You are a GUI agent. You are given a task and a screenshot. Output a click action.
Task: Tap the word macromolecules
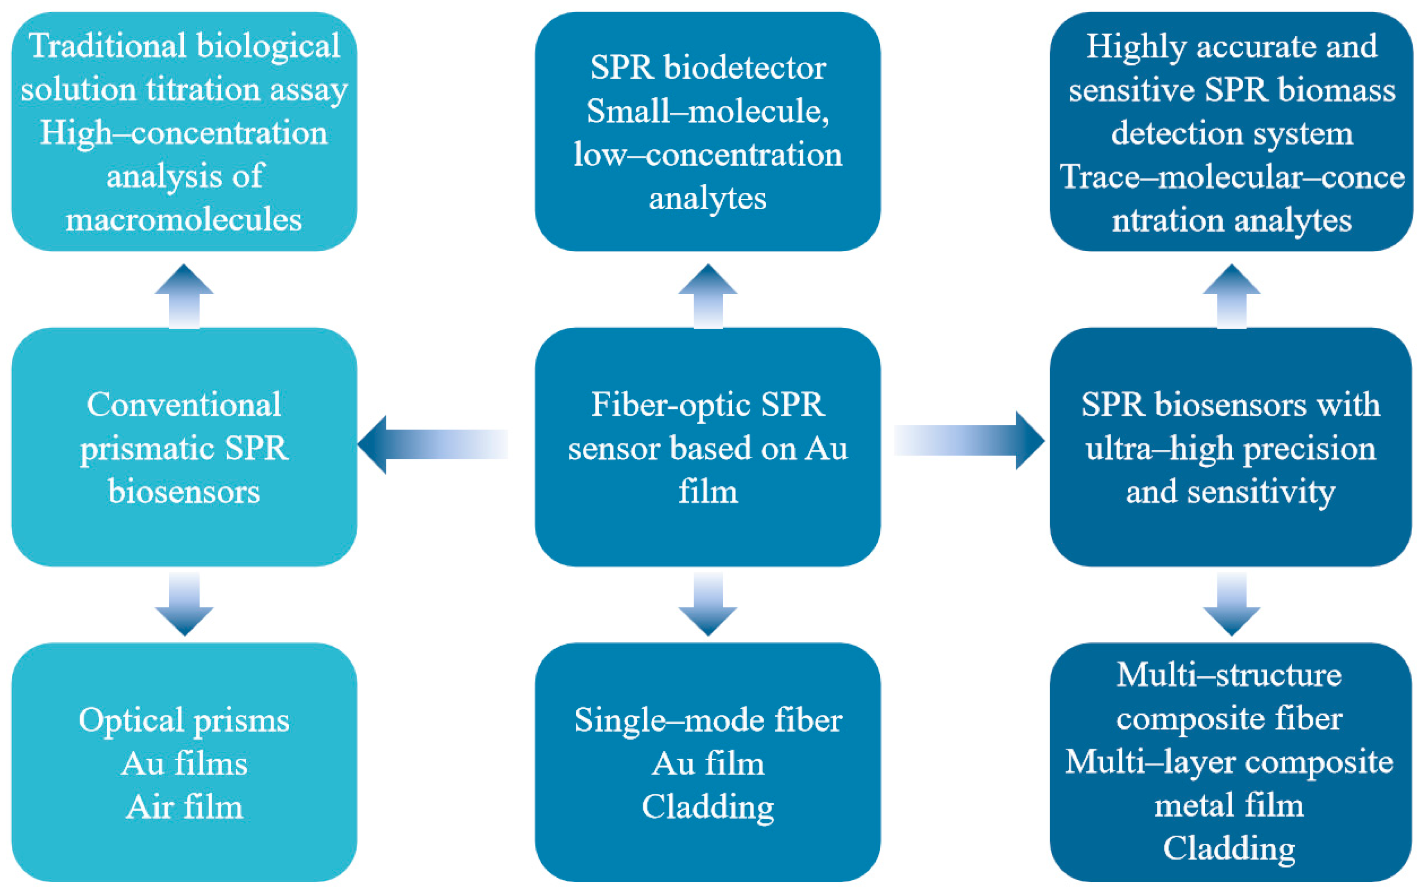(x=184, y=220)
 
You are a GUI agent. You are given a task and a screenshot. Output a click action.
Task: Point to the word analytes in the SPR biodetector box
(x=708, y=199)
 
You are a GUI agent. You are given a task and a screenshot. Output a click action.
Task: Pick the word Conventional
(x=184, y=405)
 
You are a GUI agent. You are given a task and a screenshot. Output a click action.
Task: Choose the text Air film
(x=184, y=807)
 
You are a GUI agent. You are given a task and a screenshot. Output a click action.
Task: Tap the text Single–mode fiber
(x=708, y=720)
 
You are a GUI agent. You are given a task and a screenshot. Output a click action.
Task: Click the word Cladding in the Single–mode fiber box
(x=708, y=807)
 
